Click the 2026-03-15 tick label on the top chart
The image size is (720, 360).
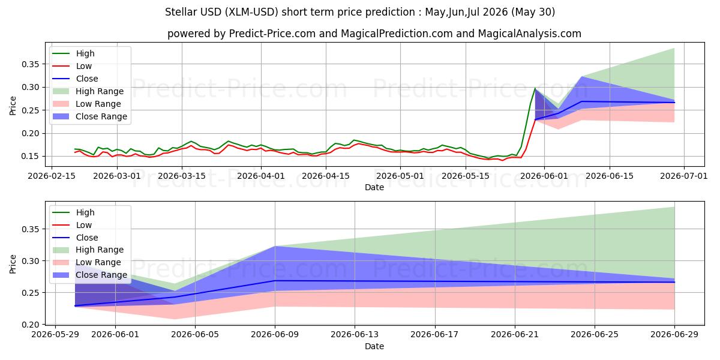pos(182,176)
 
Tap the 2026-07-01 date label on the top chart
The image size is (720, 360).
pos(683,176)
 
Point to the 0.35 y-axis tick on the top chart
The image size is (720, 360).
pos(30,64)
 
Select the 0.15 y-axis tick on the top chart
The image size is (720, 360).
pos(30,157)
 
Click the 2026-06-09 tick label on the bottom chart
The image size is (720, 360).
pos(275,335)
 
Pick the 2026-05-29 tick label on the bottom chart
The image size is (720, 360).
pos(55,335)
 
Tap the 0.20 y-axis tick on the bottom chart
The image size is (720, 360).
pos(30,325)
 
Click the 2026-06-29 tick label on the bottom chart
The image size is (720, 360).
pos(674,335)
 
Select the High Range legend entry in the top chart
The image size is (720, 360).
pos(88,91)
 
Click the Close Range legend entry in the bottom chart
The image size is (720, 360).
pos(89,275)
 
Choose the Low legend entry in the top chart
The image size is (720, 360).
pos(72,66)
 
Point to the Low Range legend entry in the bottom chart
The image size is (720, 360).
pos(87,263)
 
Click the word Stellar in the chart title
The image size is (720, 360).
pos(181,12)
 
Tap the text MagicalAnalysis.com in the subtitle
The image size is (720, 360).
pos(529,34)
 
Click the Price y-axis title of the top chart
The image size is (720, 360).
pos(13,106)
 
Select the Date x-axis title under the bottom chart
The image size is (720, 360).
pos(374,347)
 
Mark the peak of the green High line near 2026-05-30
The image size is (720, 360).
pos(535,88)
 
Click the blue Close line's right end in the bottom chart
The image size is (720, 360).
pos(674,282)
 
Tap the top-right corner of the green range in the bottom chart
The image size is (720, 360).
pos(674,207)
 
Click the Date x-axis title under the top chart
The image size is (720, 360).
pos(374,187)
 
